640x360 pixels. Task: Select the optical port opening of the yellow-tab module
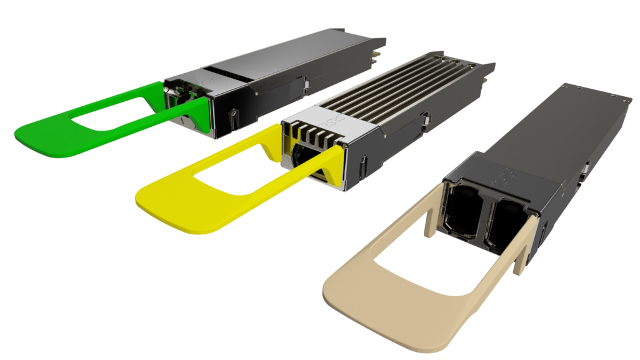click(306, 160)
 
